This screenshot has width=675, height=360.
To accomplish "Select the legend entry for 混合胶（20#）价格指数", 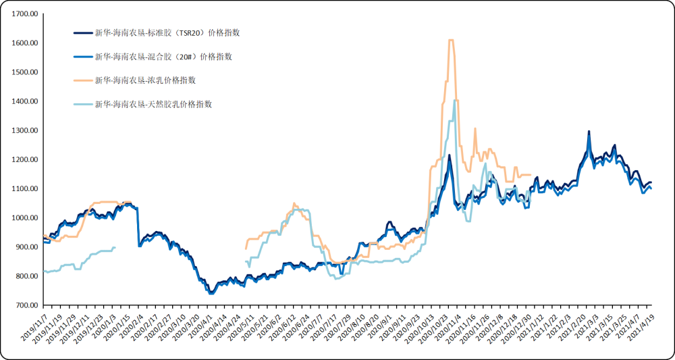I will coord(163,57).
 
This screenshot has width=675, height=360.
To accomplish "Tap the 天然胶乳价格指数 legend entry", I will coord(153,105).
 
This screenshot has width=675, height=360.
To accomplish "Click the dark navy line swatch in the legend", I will coord(82,32).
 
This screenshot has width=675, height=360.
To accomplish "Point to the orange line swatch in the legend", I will coord(82,80).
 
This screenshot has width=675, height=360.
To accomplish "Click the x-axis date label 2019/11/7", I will coord(34,327).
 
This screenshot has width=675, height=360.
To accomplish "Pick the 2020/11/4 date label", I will coord(448,328).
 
